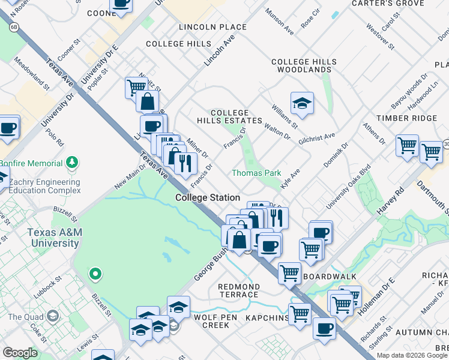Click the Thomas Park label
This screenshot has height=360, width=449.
click(256, 173)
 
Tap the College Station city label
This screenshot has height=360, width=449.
click(208, 197)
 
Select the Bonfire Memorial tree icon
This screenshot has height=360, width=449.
click(73, 162)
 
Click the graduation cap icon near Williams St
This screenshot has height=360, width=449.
click(303, 103)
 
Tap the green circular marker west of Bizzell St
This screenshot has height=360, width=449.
click(94, 275)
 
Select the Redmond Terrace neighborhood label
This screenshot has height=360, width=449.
click(238, 291)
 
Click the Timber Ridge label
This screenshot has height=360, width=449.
click(406, 118)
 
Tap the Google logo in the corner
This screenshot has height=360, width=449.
click(20, 353)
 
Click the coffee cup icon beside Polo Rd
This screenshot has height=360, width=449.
click(8, 128)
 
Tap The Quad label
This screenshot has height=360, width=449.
click(23, 317)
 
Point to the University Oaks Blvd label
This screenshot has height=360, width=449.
click(345, 187)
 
